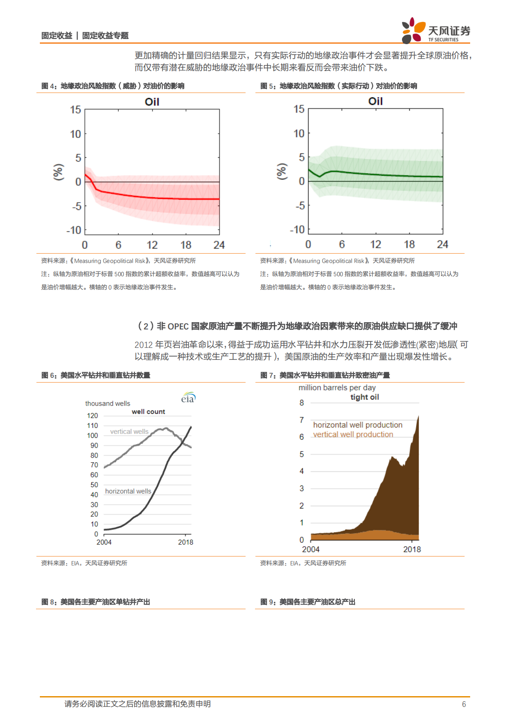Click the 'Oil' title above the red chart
coord(152,102)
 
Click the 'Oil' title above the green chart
coord(375,102)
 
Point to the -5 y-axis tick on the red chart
coord(76,206)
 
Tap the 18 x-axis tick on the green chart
coord(409,245)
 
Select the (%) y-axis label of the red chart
coord(58,172)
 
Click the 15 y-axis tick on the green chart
coord(299,109)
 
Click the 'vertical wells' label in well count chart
coord(129,431)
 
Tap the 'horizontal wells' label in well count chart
coord(128,491)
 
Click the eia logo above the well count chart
coord(188,398)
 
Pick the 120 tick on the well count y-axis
coord(92,416)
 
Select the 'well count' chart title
coord(148,412)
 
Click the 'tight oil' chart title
coord(364,397)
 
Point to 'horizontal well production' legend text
coord(357,425)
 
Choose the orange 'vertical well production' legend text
coord(353,434)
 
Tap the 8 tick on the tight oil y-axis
coord(302,403)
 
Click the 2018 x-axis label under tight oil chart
coord(412,549)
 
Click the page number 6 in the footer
coord(464,704)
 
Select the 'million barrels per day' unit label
coord(337,388)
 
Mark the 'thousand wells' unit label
coord(108,404)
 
